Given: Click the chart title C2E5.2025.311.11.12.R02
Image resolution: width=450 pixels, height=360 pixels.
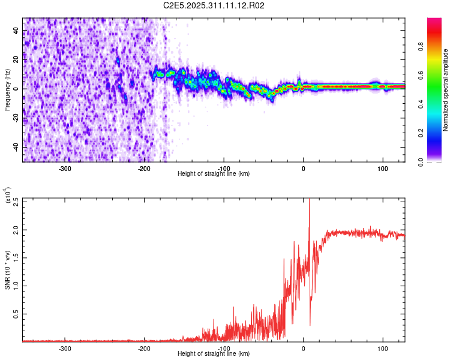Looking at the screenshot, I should click(214, 5).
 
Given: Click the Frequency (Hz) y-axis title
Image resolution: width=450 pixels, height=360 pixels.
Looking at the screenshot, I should click(7, 90).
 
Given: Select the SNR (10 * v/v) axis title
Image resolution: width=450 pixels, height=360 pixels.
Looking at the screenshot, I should click(7, 269).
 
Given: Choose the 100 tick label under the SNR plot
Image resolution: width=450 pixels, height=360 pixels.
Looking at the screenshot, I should click(382, 348).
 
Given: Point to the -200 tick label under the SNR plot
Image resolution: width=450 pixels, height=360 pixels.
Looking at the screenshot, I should click(144, 348).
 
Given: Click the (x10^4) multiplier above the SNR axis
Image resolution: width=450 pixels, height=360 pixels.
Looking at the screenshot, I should click(7, 196).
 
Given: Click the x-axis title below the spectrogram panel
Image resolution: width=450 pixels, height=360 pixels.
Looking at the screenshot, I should click(214, 174).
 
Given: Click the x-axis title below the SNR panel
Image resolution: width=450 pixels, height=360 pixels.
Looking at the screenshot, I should click(214, 354).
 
